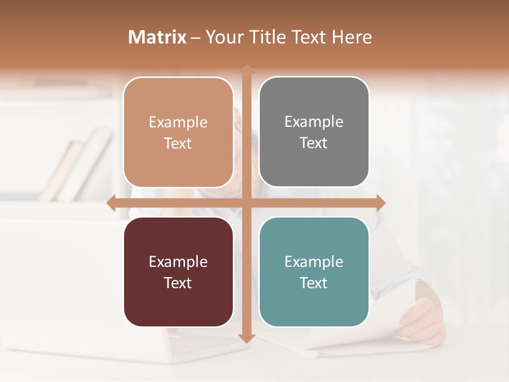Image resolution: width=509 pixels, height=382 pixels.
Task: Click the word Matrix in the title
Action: coord(157,37)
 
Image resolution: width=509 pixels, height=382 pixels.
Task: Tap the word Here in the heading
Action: coord(352,37)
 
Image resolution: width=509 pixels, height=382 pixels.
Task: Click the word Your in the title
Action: coord(222,37)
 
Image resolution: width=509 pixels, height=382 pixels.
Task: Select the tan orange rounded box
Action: coord(178,132)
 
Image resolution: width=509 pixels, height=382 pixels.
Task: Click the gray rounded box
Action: coord(314,132)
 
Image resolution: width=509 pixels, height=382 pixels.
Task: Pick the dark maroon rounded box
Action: coord(178,272)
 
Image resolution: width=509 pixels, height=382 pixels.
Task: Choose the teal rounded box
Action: coord(314,272)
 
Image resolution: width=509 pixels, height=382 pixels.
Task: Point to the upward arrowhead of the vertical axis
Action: coord(246,68)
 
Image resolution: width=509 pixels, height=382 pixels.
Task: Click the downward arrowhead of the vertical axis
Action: coord(246,338)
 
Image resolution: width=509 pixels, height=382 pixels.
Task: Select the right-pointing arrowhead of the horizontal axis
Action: coord(380,203)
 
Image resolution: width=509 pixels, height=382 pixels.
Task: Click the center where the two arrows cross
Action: coord(246,203)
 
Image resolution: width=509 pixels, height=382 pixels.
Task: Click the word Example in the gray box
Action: coord(314,121)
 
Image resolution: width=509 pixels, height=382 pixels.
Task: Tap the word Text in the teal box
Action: coord(314,283)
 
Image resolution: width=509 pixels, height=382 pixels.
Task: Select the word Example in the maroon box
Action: coord(178,262)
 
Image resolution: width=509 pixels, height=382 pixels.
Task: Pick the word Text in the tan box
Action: coord(178,143)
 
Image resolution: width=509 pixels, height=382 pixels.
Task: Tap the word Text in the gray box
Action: coord(314,143)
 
